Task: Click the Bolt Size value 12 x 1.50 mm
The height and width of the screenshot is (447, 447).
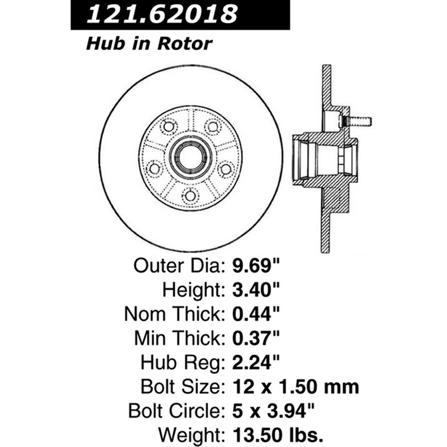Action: [x=296, y=387]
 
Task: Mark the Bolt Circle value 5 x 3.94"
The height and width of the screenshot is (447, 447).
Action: [x=273, y=411]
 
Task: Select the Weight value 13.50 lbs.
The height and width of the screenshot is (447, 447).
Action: [x=278, y=435]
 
